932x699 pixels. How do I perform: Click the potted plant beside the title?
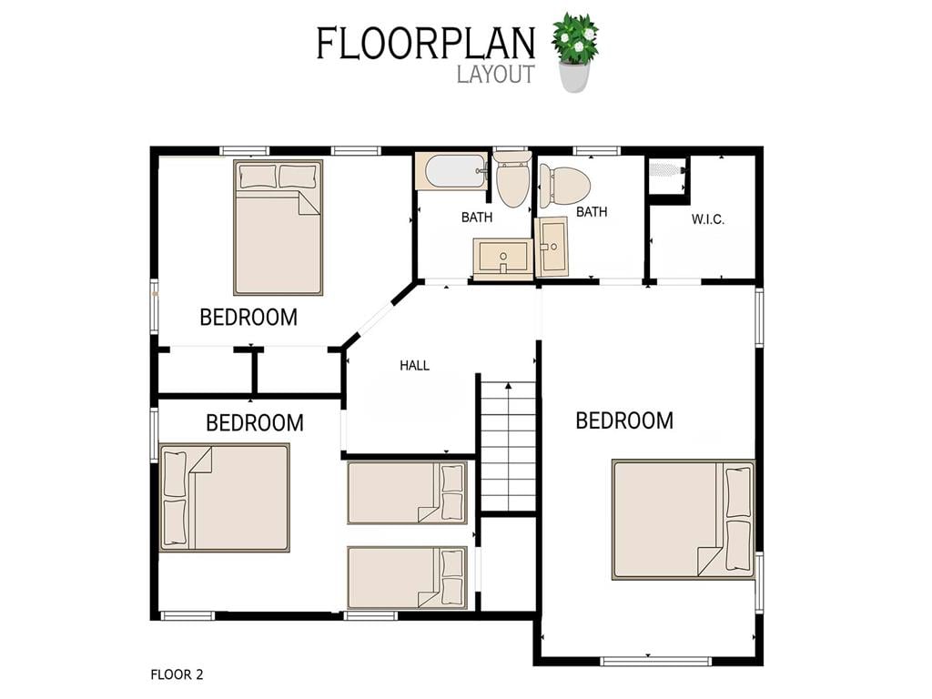[575, 52]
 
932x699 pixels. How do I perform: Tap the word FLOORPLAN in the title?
[426, 44]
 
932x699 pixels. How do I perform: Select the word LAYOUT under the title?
[496, 75]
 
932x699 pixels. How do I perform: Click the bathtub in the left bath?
[451, 171]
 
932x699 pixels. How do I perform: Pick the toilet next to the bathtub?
[512, 177]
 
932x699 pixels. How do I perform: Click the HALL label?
[414, 366]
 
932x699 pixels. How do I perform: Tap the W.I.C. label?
[707, 219]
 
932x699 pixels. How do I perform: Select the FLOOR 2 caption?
[177, 674]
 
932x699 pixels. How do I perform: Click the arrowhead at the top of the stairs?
[508, 386]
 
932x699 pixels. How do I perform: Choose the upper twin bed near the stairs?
[407, 492]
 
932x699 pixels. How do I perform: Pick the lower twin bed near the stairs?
[407, 578]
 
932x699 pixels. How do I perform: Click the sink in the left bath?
[502, 258]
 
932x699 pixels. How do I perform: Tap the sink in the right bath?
[552, 247]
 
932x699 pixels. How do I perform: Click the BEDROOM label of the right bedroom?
[624, 420]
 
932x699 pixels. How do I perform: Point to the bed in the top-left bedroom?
[279, 227]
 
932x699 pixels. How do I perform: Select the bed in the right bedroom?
[684, 520]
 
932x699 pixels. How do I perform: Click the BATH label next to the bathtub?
[477, 218]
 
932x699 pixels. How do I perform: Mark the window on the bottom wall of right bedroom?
[655, 661]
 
